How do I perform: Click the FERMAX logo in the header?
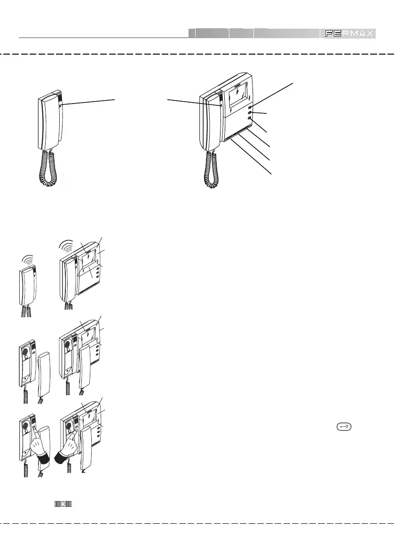tap(348, 33)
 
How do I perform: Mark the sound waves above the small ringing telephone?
tap(27, 260)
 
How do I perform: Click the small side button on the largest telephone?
tap(61, 105)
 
